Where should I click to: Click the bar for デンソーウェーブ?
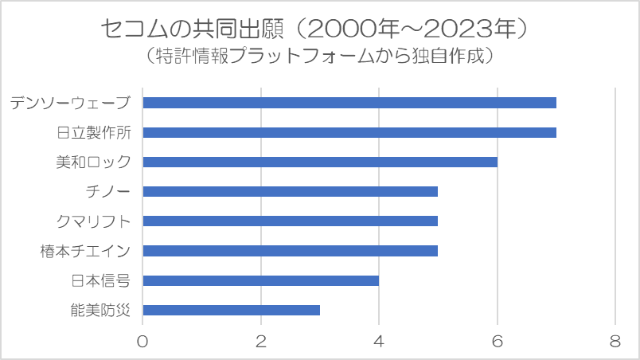349,103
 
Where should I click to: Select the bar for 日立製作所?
349,132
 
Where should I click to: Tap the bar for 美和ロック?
319,162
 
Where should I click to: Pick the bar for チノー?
290,191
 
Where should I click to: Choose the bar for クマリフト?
290,221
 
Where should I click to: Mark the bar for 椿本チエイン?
290,250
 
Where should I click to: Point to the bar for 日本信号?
260,280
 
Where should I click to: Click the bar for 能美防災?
231,310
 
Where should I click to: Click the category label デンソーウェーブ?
70,103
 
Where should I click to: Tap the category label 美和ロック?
93,162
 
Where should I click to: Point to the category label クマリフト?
93,221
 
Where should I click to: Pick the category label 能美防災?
100,310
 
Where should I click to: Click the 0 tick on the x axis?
142,341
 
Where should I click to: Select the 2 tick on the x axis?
260,341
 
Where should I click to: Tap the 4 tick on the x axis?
379,341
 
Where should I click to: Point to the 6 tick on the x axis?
498,341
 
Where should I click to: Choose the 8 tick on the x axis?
615,341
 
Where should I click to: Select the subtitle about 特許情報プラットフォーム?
320,56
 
